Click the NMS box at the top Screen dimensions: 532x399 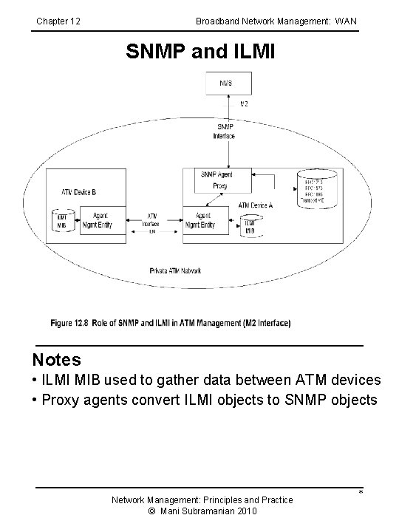228,83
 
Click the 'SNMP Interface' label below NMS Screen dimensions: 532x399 224,132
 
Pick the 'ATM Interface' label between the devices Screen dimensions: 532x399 150,219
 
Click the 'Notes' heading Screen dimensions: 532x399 57,360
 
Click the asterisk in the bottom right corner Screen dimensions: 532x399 360,493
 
